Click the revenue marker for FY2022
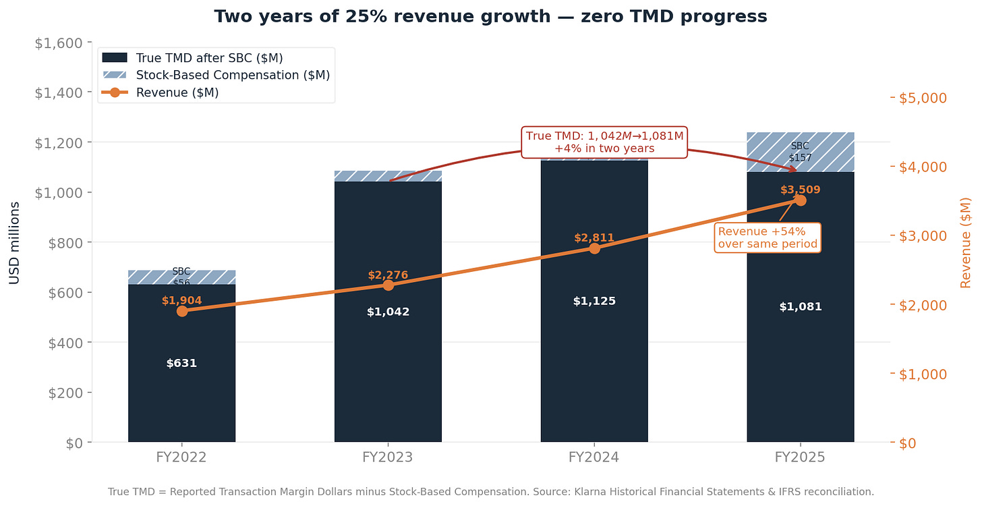click(182, 311)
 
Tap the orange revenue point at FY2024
click(594, 248)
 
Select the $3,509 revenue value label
click(800, 190)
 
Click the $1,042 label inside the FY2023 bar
click(388, 312)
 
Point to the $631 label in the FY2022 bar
click(181, 363)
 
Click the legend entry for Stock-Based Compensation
click(232, 75)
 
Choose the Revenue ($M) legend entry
click(177, 92)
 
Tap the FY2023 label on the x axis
click(388, 457)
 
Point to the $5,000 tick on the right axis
click(924, 98)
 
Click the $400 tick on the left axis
click(65, 343)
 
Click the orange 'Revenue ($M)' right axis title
click(965, 242)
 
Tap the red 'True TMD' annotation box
click(604, 142)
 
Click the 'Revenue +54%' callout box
click(768, 237)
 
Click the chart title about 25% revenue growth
click(490, 16)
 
